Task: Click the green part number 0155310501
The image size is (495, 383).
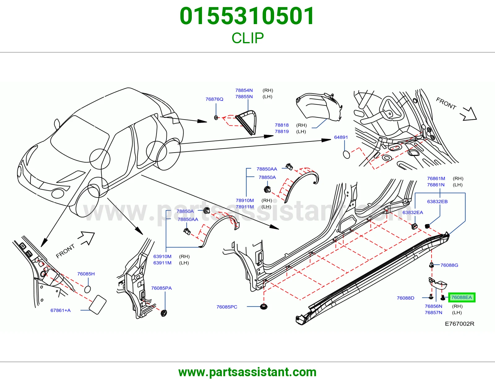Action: [x=247, y=16]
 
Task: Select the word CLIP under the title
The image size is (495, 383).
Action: [x=247, y=38]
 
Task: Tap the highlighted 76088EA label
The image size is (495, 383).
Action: [x=462, y=297]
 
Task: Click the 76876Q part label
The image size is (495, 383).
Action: [x=214, y=99]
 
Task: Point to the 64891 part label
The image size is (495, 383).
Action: [x=341, y=137]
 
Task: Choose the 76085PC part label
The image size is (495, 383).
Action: [x=227, y=307]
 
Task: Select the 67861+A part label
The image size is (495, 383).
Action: [x=60, y=310]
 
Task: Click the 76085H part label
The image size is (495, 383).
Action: [x=86, y=274]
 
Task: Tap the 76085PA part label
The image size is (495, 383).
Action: [x=161, y=288]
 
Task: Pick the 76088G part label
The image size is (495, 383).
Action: [x=449, y=265]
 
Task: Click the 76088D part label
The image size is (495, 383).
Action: [x=406, y=298]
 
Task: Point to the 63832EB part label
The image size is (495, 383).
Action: [x=437, y=201]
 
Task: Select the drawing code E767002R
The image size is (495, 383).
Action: [x=459, y=324]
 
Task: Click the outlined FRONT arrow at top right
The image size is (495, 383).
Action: [x=469, y=114]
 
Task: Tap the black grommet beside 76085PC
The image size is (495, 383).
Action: [x=264, y=306]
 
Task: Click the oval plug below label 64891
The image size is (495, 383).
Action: [x=346, y=154]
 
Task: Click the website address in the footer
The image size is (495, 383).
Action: [x=247, y=372]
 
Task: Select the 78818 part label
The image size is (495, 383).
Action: [x=282, y=125]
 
